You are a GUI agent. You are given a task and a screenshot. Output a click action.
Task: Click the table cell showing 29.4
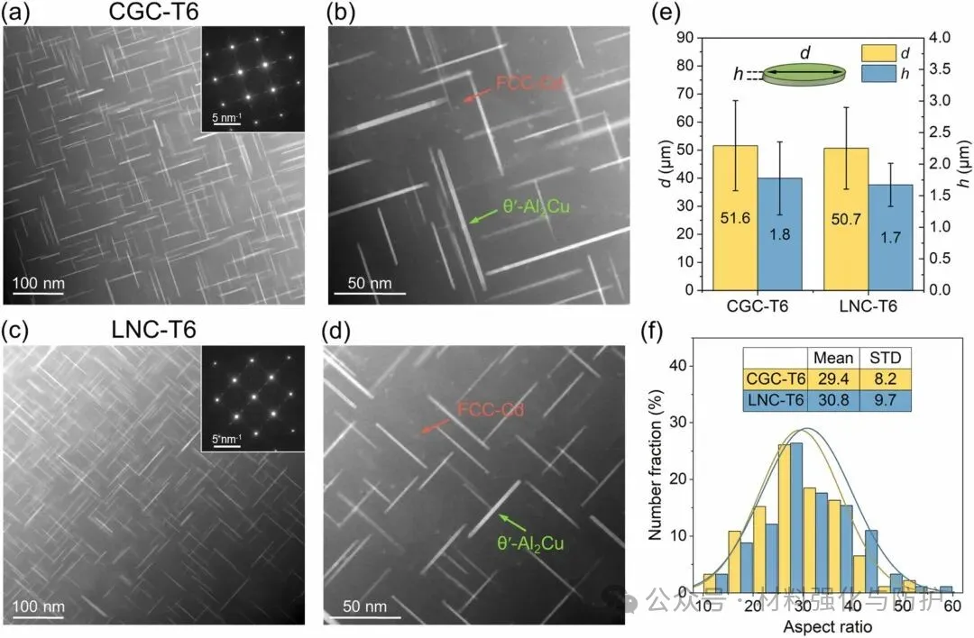pyautogui.click(x=832, y=379)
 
